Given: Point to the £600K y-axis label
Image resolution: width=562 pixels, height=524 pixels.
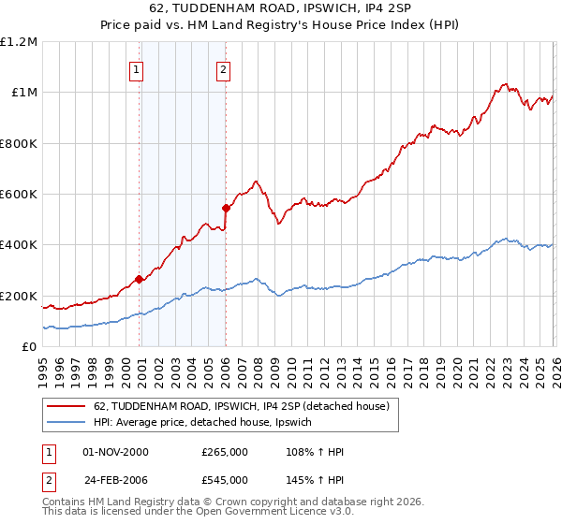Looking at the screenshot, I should (x=20, y=195).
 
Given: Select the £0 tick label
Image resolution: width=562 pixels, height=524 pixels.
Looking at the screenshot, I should (x=28, y=347).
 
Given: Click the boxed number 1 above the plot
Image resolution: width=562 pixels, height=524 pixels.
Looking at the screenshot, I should (x=137, y=68).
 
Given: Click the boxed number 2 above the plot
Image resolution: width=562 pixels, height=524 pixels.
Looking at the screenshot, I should (x=224, y=68).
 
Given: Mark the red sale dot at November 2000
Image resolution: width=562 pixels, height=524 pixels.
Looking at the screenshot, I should (x=140, y=279).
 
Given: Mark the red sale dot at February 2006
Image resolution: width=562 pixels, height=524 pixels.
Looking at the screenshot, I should (x=226, y=208).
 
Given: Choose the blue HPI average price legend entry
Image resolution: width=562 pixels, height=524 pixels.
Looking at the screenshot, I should (x=208, y=423).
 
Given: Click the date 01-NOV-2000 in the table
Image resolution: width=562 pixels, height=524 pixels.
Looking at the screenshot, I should (x=115, y=452).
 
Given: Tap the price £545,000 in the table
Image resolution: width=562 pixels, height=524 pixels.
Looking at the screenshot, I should (x=225, y=477).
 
